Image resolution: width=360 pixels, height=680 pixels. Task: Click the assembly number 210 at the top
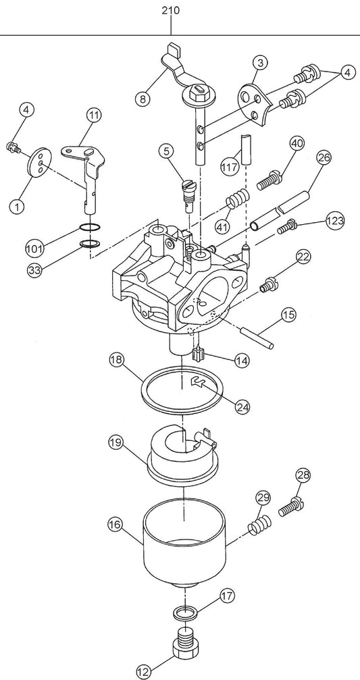coord(171,11)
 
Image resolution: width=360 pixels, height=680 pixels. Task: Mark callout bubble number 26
coord(324,158)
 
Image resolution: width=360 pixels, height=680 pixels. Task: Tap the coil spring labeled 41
coord(237,200)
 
